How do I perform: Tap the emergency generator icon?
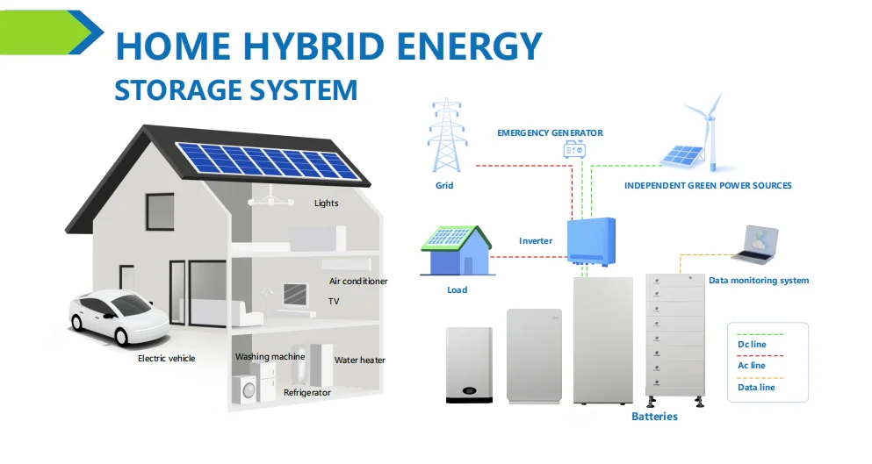click(574, 150)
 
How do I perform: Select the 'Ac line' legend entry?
click(751, 366)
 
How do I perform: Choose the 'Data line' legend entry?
click(755, 387)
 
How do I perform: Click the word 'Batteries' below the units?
click(654, 417)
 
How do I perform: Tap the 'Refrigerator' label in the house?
click(306, 393)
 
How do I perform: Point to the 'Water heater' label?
click(359, 360)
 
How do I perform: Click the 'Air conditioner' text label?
click(358, 282)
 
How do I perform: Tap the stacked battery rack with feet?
click(674, 338)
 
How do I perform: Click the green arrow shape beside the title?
click(48, 32)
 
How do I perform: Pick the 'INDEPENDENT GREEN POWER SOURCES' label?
click(708, 186)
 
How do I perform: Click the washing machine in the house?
click(246, 388)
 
